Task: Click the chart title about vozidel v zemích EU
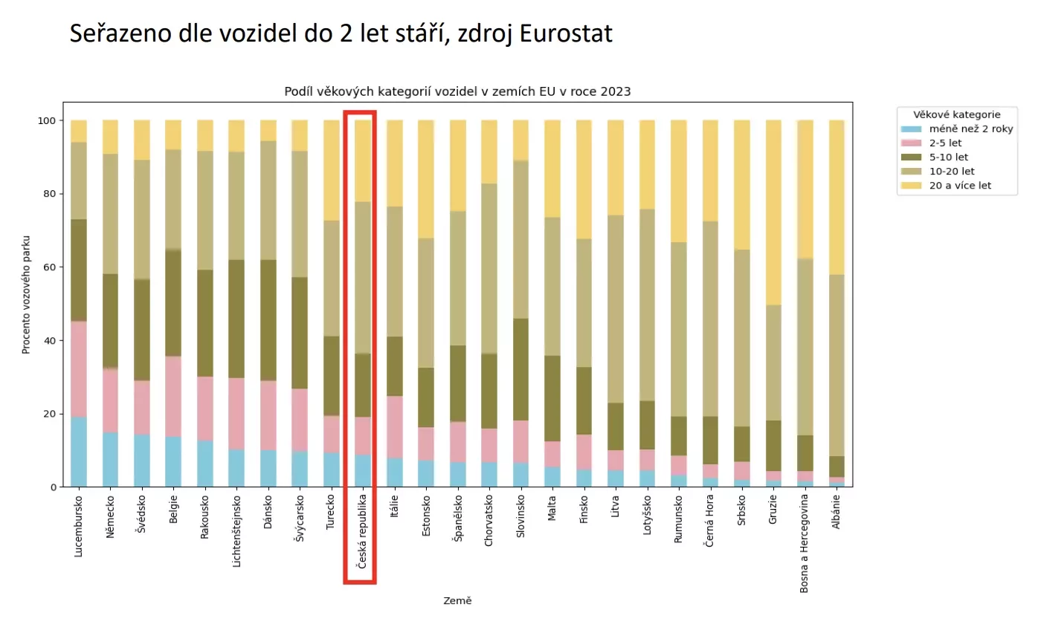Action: click(457, 91)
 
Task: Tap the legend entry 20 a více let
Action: click(960, 186)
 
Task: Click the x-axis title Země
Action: click(457, 600)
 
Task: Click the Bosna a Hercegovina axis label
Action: click(805, 542)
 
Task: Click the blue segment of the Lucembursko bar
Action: click(79, 452)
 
